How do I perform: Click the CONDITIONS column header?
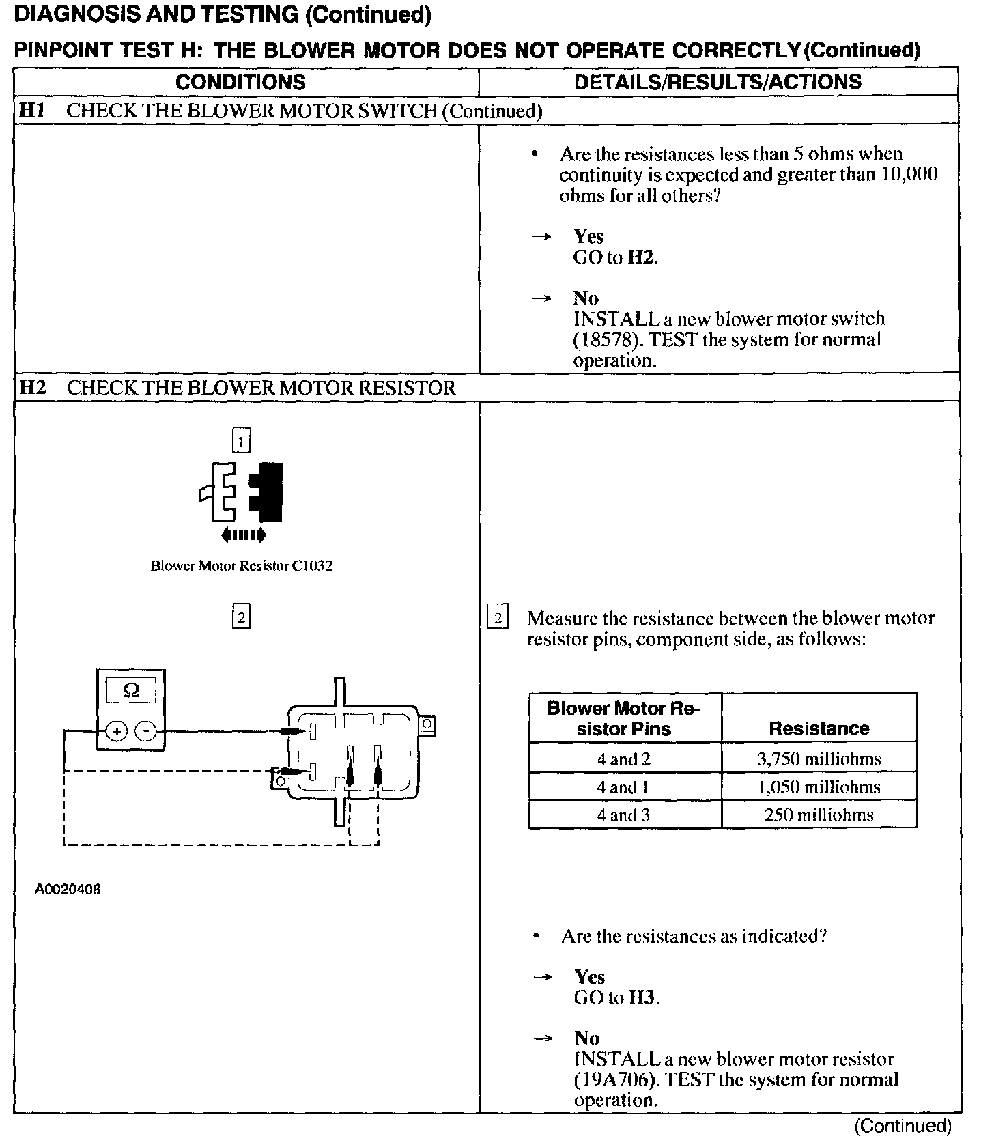pos(240,82)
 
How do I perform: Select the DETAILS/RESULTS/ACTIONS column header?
pos(718,82)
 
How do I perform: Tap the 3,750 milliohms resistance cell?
pos(819,759)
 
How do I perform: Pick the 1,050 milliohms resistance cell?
pos(819,787)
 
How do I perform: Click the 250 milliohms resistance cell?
pos(819,815)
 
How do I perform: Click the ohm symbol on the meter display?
pos(131,691)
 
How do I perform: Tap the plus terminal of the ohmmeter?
pos(117,732)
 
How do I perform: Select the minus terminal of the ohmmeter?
pos(145,732)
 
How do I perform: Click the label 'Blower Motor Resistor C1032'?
pos(241,566)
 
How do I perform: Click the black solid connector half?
pos(268,492)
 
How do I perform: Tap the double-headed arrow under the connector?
pos(244,535)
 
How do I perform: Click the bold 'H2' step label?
pos(33,388)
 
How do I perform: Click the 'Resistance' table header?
pos(819,728)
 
